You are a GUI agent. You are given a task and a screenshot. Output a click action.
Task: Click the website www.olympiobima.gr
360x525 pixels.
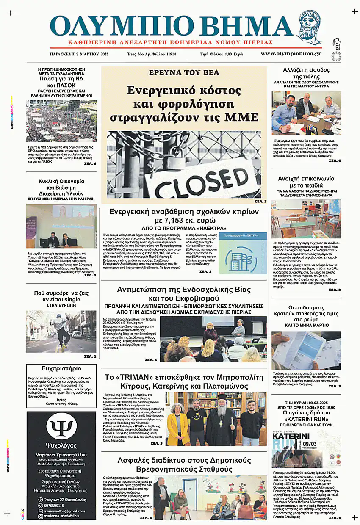point(291,54)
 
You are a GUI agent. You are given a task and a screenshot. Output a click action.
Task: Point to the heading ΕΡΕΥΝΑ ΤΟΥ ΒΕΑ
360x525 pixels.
point(184,72)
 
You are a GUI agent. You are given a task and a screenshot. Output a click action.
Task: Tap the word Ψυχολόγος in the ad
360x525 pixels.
point(61,445)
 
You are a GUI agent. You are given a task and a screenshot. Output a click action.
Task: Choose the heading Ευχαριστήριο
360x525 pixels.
point(61,368)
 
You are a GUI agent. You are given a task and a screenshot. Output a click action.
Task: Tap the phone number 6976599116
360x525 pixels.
point(51,505)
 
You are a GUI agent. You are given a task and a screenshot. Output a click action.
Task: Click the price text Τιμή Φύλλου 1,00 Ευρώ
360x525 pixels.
point(222,54)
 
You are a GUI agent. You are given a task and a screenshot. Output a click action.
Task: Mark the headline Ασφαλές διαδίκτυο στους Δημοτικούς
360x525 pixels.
point(184,464)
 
